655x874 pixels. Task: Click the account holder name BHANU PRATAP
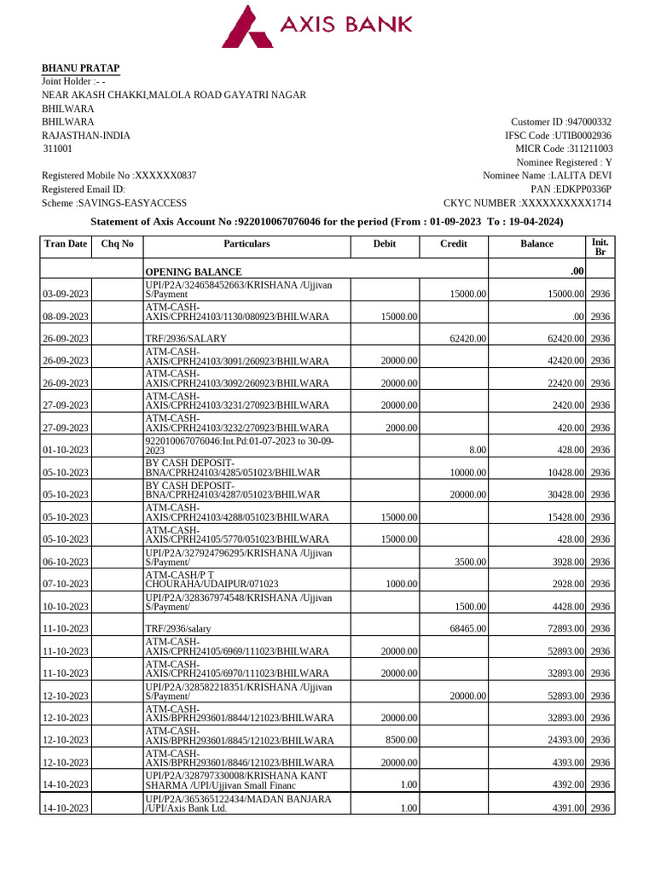(x=81, y=68)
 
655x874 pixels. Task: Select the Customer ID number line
(x=560, y=122)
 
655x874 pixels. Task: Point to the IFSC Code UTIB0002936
(x=558, y=136)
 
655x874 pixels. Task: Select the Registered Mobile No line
(x=119, y=175)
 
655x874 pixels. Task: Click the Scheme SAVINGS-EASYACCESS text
(x=114, y=203)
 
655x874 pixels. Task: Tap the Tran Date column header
(x=66, y=244)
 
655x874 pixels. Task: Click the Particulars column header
(x=246, y=244)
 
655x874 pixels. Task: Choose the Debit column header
(x=385, y=244)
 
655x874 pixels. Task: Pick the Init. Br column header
(x=600, y=248)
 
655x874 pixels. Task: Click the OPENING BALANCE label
(x=188, y=271)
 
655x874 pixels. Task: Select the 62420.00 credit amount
(x=467, y=339)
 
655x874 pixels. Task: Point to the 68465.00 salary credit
(x=467, y=629)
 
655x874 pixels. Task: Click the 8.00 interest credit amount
(x=477, y=450)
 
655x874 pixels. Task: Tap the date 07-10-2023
(x=66, y=584)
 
